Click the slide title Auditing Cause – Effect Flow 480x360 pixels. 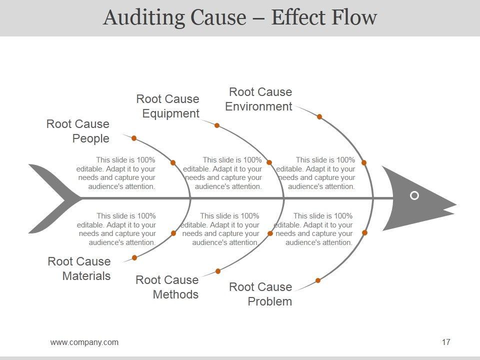coord(240,17)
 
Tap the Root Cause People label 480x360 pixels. coord(78,131)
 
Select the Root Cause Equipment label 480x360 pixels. coord(168,106)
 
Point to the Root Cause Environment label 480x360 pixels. coord(258,99)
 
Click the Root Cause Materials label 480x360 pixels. coord(79,268)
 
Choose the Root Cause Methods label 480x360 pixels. coord(167,287)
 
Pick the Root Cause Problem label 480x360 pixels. coord(260,294)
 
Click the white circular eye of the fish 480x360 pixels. coord(414,195)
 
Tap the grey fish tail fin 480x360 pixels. coord(52,198)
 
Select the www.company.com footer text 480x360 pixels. coord(84,342)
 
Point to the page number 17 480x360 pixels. coord(446,342)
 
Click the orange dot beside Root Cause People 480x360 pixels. coord(134,138)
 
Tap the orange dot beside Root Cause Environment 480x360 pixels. coord(319,116)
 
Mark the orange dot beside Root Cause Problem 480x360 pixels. coord(318,280)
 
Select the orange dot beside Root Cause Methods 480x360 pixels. coord(218,271)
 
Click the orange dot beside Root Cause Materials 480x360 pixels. coord(134,257)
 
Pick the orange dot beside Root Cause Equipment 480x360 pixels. coord(217,125)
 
